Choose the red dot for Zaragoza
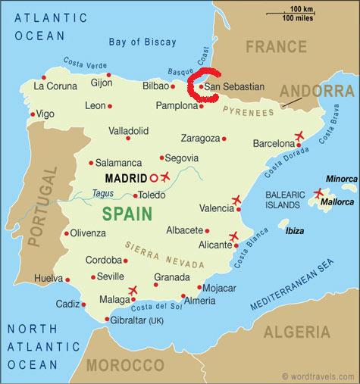tap(224, 139)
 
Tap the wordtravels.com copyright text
tap(318, 376)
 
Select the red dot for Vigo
tap(32, 114)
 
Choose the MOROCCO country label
tap(126, 365)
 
